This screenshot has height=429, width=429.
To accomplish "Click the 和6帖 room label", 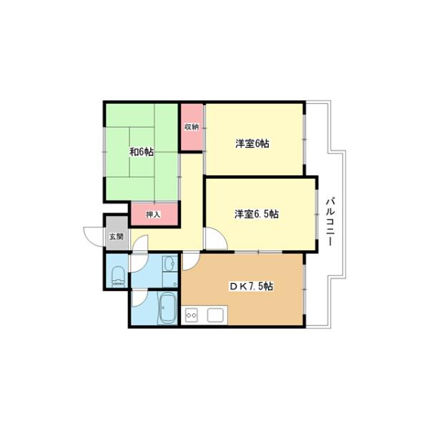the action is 142,152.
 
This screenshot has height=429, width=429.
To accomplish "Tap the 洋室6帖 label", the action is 252,144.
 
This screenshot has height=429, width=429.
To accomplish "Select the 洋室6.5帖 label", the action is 257,214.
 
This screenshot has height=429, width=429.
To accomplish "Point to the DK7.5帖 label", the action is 251,286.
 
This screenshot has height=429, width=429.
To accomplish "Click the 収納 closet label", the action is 191,127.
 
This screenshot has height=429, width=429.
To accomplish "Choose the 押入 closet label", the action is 153,214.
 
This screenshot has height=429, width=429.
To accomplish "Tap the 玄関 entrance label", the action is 117,237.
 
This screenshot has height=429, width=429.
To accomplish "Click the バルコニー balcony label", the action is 330,222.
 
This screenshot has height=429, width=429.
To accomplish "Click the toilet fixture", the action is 118,277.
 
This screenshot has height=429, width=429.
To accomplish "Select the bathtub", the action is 167,308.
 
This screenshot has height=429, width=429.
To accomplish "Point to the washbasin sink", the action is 170,264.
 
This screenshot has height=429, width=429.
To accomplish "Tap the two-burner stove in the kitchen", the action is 192,315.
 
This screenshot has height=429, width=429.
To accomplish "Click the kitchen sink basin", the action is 216,315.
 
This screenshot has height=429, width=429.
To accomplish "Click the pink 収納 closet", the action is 192,127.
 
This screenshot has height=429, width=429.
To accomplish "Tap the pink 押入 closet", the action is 154,214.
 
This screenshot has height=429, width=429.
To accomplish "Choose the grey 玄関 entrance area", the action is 117,233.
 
